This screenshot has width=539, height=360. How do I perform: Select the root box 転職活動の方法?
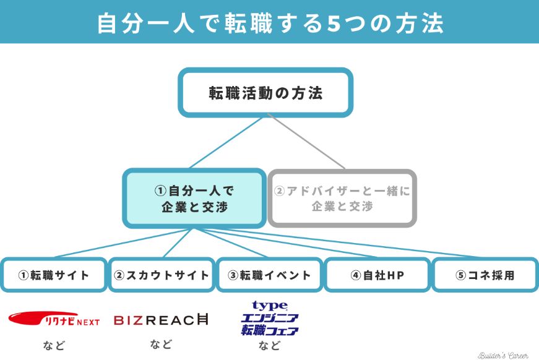coord(265,93)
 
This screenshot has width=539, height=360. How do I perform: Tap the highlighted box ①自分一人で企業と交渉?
coord(194,199)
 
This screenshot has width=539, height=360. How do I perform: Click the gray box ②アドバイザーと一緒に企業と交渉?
coord(342,199)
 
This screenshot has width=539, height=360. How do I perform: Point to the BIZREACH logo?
coord(162,320)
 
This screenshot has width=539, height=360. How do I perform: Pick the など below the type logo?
coord(269,345)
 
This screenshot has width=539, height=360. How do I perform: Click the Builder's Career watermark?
coord(502,355)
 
